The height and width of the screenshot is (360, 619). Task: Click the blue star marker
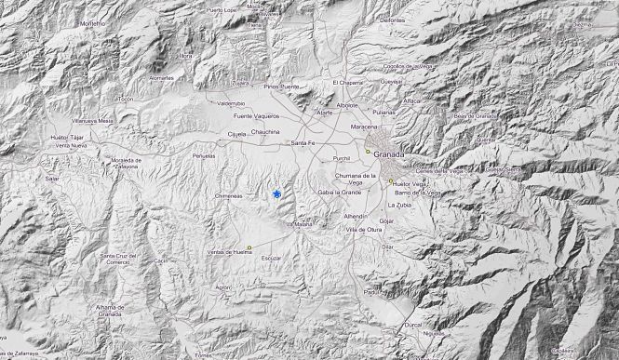(276, 193)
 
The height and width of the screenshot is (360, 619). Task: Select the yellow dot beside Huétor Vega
(391, 181)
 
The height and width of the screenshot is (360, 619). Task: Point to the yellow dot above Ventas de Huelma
(249, 247)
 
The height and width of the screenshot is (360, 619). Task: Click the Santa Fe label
(304, 142)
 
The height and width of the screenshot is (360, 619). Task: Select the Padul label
(371, 291)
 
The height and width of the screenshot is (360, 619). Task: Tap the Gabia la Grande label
(339, 192)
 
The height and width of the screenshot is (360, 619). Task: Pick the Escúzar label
(271, 257)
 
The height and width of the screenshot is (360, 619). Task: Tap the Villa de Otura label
(363, 229)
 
